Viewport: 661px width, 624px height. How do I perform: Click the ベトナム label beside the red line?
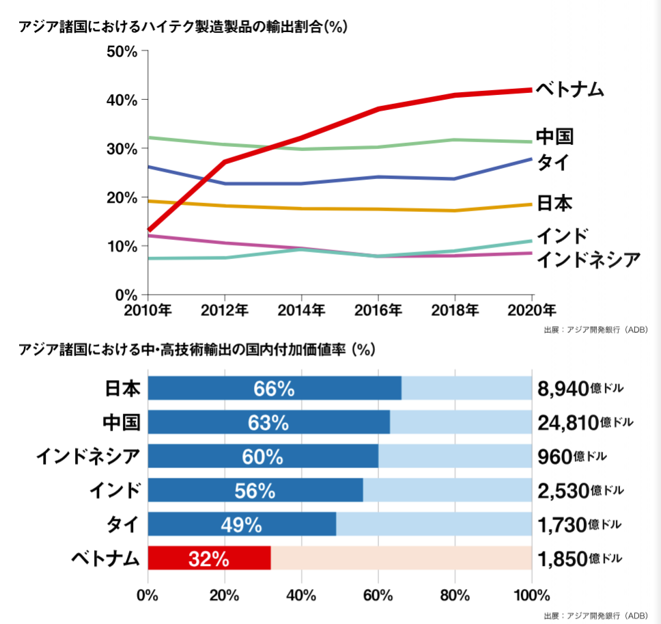[x=569, y=89]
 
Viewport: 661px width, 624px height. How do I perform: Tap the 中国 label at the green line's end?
[x=554, y=136]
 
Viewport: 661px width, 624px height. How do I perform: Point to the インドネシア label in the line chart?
[x=589, y=259]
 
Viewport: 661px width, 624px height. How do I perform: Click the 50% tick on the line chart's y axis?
[x=124, y=52]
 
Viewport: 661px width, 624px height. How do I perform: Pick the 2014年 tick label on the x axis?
[x=301, y=310]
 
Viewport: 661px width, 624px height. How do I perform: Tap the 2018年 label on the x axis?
[x=455, y=310]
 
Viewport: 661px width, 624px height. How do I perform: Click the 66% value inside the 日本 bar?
[x=274, y=388]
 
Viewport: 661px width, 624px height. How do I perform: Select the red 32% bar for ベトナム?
[x=209, y=558]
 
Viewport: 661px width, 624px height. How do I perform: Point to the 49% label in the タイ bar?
[x=241, y=524]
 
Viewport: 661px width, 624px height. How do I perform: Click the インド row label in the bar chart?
[x=115, y=490]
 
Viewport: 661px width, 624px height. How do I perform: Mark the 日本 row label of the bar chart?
[x=122, y=388]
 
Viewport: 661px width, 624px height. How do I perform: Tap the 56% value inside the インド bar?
[x=255, y=490]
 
